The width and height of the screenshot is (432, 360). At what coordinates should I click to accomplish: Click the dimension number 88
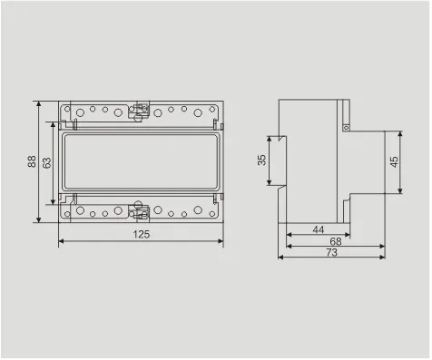tap(32, 161)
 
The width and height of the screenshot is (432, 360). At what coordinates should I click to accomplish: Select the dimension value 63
tap(47, 161)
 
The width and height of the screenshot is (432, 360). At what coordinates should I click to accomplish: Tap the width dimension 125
tap(140, 234)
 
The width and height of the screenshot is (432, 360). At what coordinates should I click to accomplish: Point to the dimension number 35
tap(262, 161)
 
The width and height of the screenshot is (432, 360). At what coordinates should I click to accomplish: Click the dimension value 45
tap(393, 161)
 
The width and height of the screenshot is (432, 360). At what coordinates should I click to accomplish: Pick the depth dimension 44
tap(318, 230)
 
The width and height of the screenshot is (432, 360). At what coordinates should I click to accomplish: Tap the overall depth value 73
tap(332, 254)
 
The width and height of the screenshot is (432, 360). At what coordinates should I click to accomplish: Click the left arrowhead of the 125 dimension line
tap(62, 242)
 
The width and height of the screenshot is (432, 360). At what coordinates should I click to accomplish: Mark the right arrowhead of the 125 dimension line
tap(221, 242)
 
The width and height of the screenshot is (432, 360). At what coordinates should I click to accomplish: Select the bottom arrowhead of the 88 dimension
tap(39, 219)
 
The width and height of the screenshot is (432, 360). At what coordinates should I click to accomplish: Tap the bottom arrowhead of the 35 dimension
tap(270, 184)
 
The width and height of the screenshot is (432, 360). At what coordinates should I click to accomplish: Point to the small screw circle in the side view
tap(346, 128)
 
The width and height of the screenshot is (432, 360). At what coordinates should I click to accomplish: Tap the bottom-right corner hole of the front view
tap(213, 215)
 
